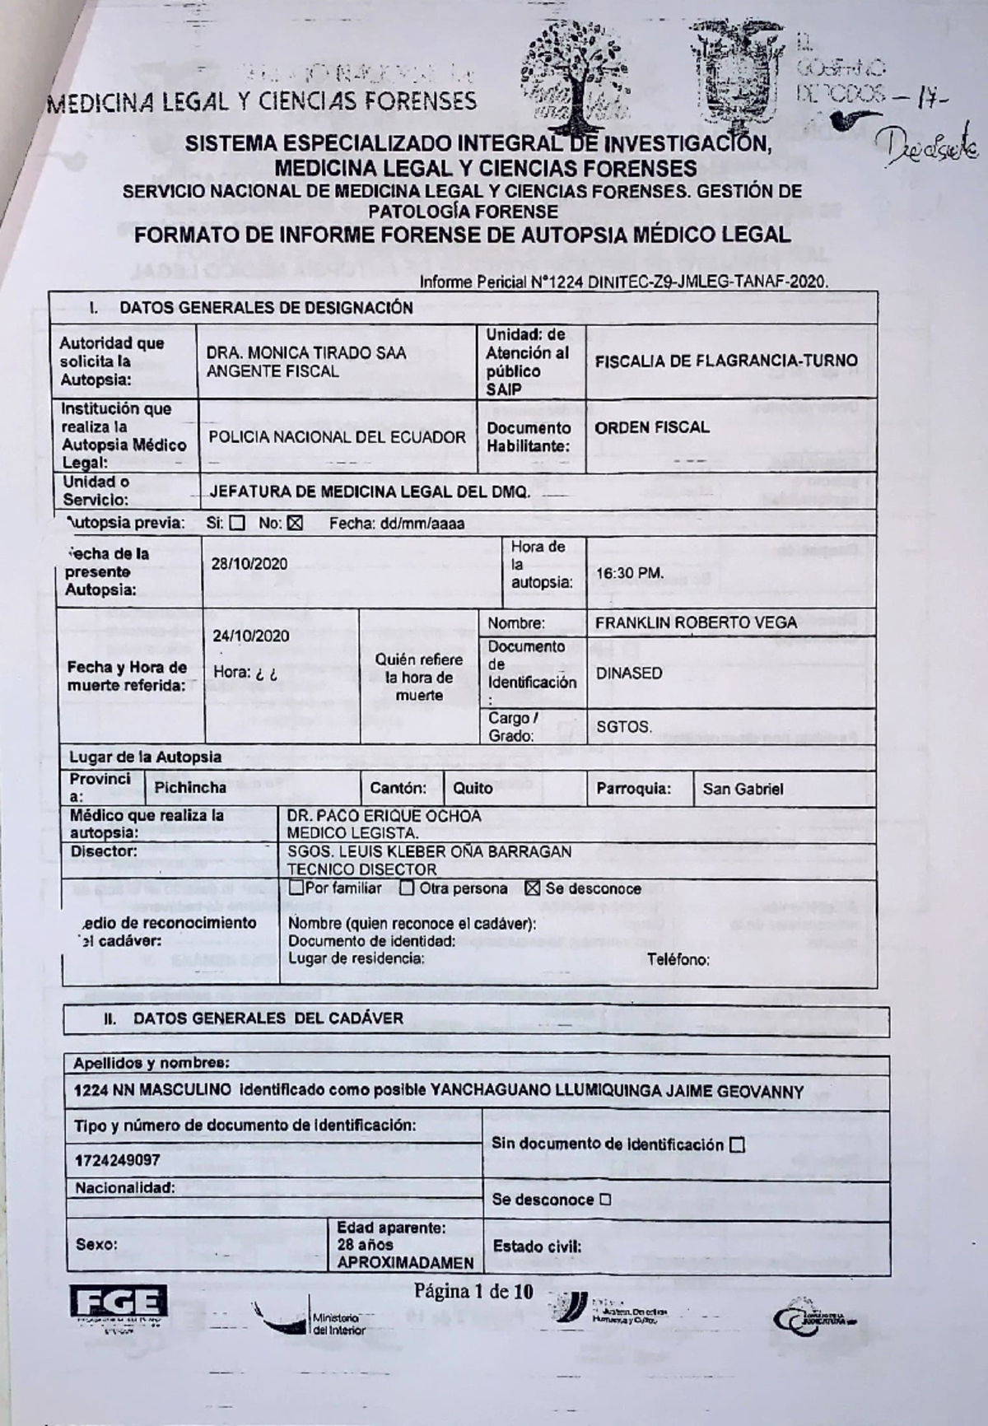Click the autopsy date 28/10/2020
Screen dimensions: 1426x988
(x=249, y=564)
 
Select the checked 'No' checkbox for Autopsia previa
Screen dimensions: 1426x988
(x=296, y=523)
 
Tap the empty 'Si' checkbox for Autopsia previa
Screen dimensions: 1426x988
(x=237, y=523)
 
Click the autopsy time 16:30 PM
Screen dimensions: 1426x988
(x=630, y=573)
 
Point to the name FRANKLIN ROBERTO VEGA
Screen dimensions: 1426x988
(x=696, y=623)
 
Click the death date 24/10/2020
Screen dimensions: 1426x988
(x=250, y=636)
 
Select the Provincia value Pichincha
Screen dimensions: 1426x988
(x=190, y=787)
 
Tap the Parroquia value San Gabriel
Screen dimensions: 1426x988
(x=743, y=789)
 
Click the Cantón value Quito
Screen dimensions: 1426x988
(x=473, y=788)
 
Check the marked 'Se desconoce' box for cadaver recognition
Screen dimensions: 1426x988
(x=532, y=888)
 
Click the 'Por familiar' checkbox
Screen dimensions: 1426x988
(x=296, y=888)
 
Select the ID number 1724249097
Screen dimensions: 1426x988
(x=117, y=1160)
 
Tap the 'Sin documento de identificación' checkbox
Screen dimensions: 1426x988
(x=737, y=1144)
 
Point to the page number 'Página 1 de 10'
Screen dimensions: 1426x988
(x=473, y=1290)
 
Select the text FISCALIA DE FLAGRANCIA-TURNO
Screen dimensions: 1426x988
(x=726, y=361)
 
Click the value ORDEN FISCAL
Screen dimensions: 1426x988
(x=651, y=427)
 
